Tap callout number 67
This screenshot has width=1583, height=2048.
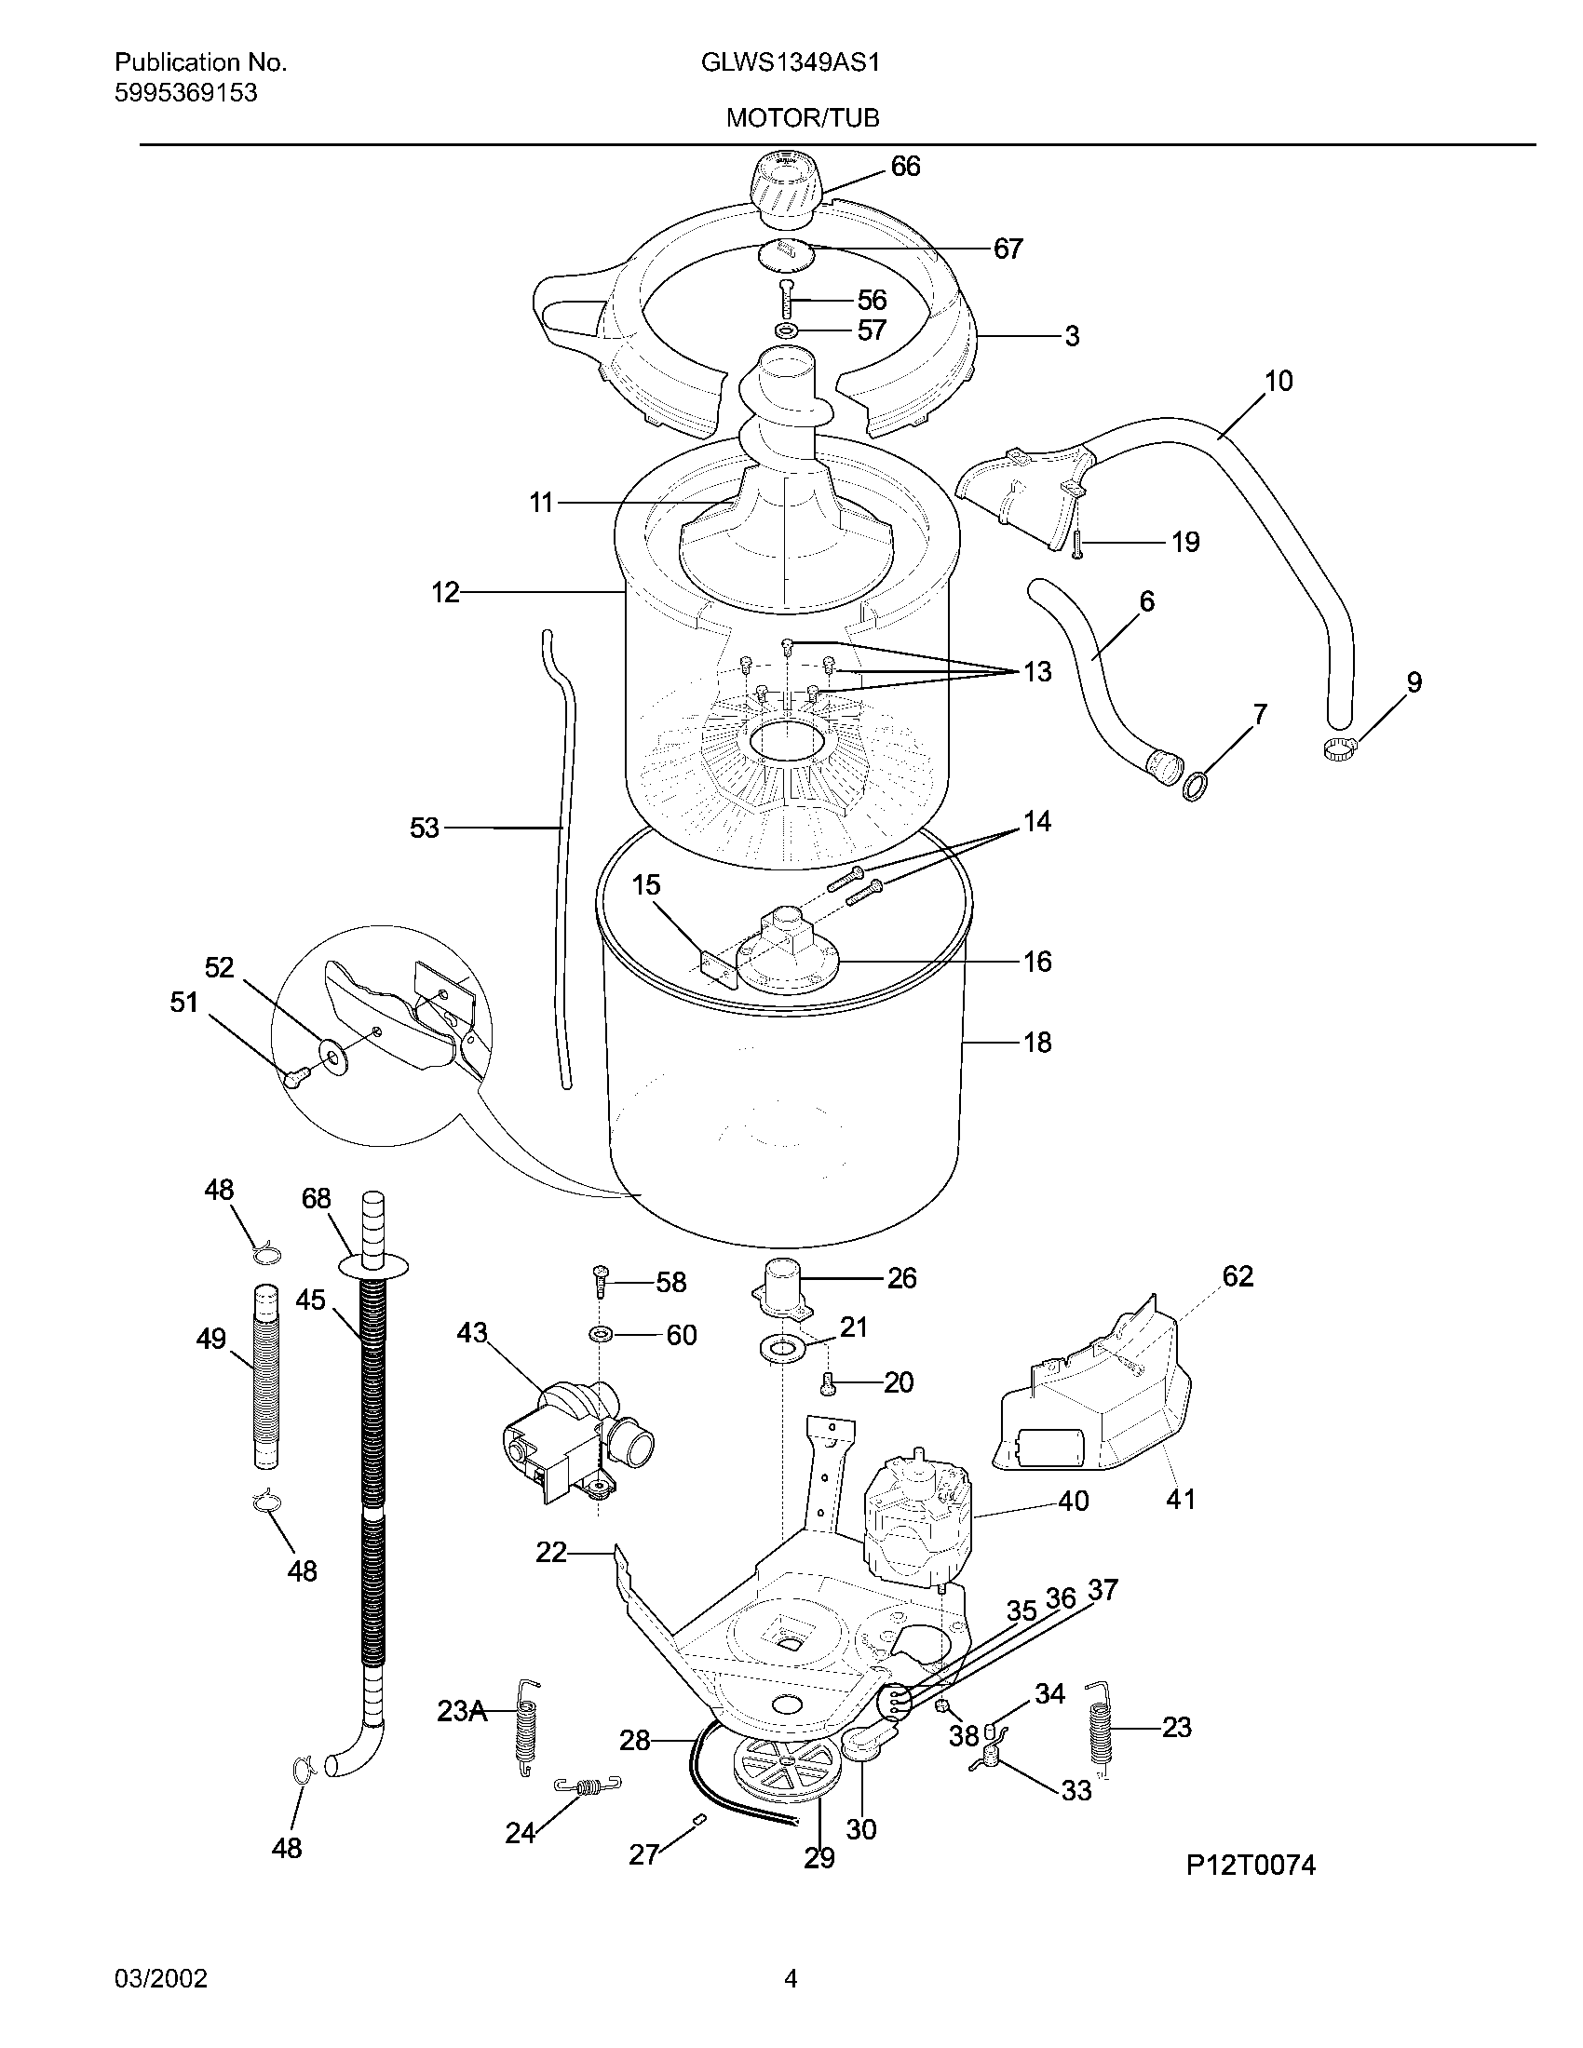click(1008, 249)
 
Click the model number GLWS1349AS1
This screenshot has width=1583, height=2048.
click(790, 62)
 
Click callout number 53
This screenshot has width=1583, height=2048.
click(424, 828)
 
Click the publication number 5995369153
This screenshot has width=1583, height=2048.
click(185, 93)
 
